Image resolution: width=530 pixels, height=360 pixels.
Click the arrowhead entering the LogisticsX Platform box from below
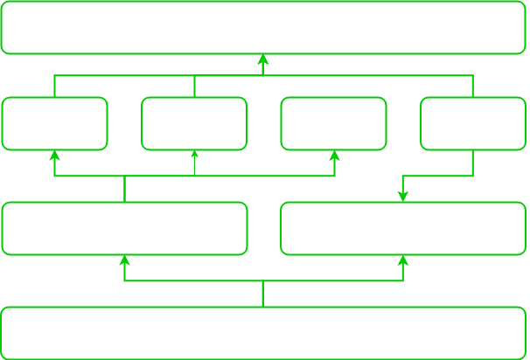click(x=124, y=260)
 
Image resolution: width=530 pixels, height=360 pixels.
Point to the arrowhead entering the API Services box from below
click(x=403, y=260)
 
